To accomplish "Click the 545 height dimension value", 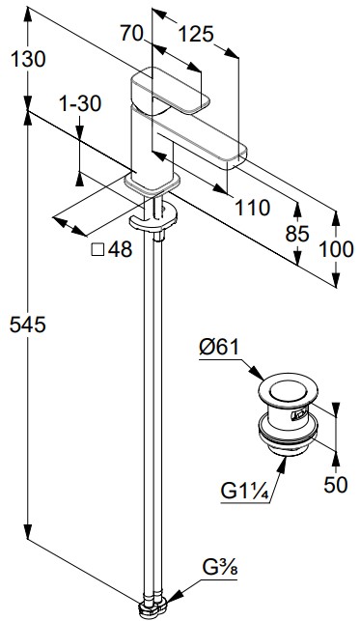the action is pos(28,325).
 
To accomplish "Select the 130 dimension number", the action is pos(28,60).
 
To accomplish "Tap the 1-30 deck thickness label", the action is pos(80,103).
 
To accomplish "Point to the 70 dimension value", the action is pos(131,33).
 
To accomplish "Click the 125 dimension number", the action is pos(196,34).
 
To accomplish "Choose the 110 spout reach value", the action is pos(253,207).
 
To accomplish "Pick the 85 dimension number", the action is pos(297,234).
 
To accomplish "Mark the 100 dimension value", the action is pos(336,249).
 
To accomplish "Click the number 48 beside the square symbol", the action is pos(120,250).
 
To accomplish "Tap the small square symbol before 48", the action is pos(97,250).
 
